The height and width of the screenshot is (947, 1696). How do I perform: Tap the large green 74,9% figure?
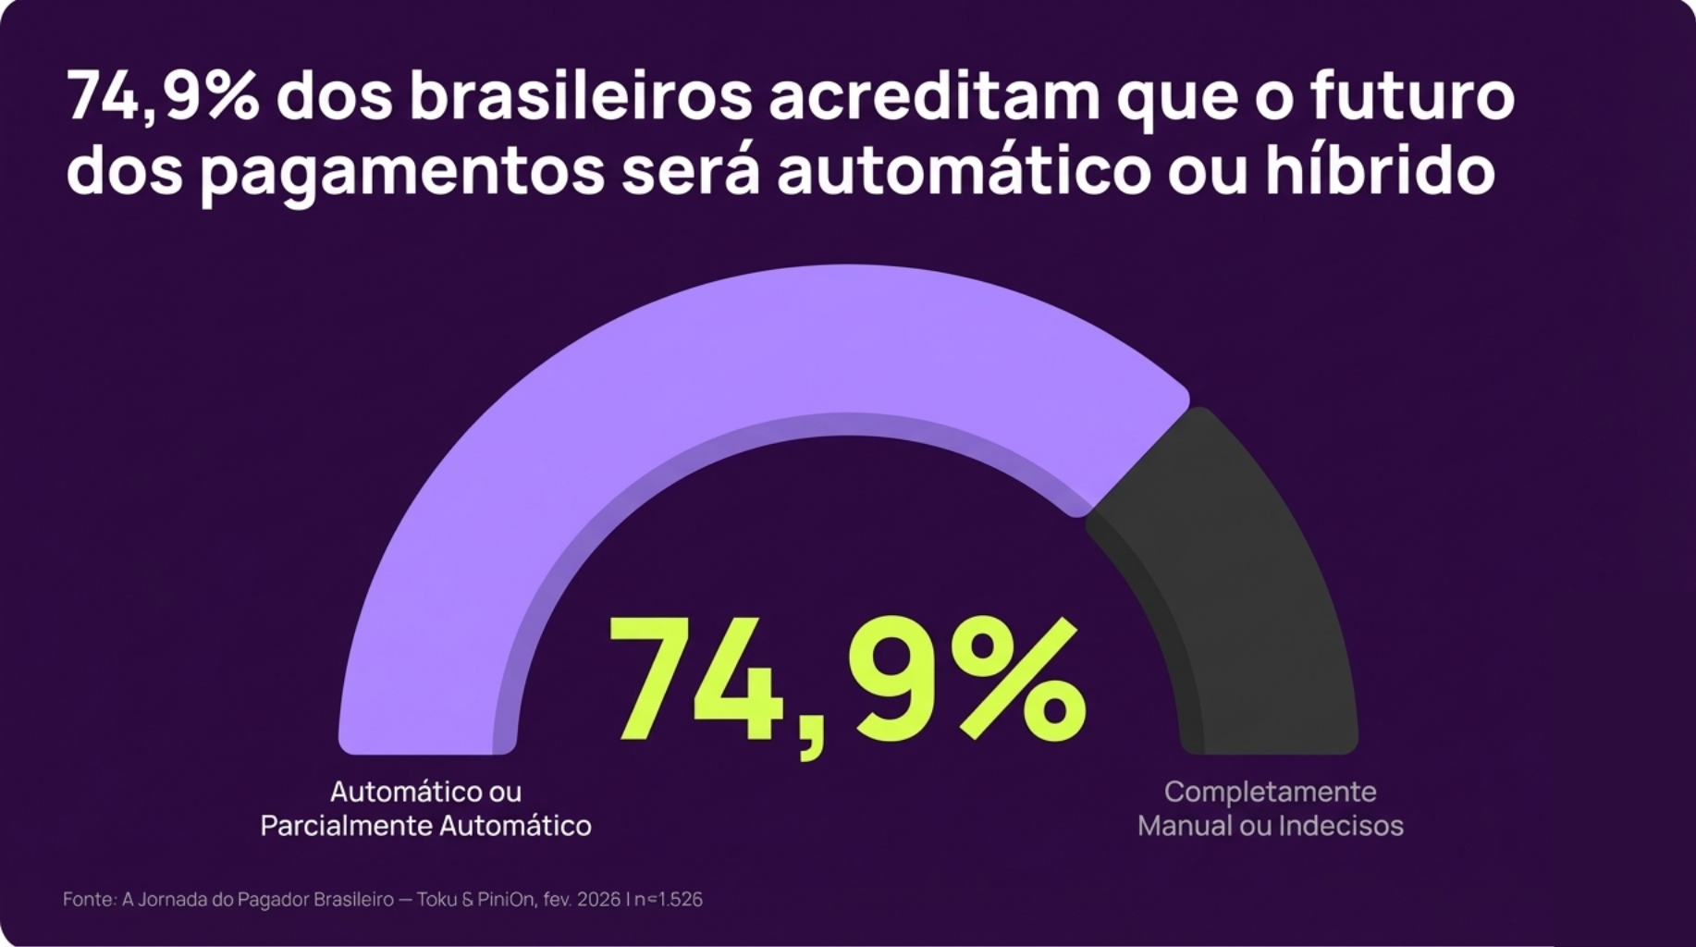(x=846, y=684)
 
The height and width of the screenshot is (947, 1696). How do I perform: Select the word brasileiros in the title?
(x=581, y=97)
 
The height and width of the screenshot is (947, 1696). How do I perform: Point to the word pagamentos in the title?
(x=402, y=173)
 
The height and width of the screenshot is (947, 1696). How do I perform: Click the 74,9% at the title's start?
(x=163, y=97)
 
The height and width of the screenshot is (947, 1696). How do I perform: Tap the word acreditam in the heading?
(x=934, y=97)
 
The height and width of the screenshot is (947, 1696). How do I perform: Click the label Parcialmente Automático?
(x=425, y=826)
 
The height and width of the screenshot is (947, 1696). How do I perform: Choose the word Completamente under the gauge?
(x=1270, y=792)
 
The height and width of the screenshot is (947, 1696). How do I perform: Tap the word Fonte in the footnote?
(x=89, y=899)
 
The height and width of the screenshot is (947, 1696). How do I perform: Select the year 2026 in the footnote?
(x=598, y=899)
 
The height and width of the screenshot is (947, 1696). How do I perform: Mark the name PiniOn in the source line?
(x=506, y=899)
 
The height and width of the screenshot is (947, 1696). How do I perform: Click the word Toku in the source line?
(x=436, y=899)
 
